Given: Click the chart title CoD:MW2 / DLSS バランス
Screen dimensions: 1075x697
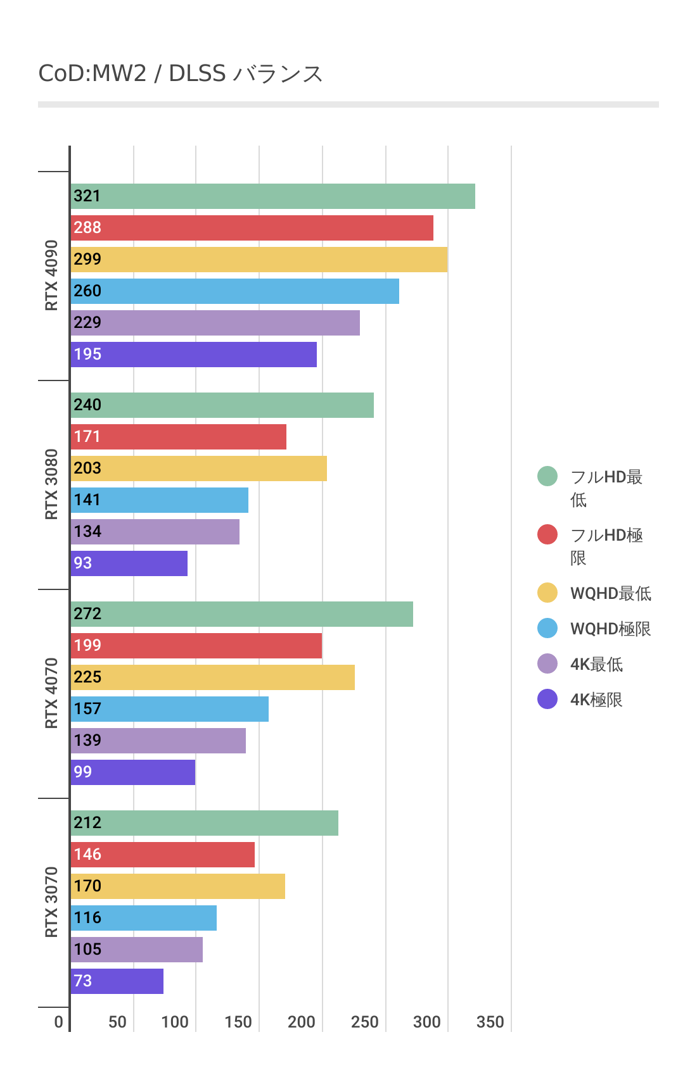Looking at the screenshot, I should click(x=181, y=74).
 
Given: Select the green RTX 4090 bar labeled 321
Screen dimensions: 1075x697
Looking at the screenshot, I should click(x=272, y=196).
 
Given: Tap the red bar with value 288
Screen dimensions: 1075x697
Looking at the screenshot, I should click(x=252, y=228).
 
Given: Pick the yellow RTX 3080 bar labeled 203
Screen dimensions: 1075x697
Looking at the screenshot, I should click(x=198, y=468).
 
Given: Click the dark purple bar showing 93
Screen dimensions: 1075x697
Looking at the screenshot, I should click(x=129, y=563).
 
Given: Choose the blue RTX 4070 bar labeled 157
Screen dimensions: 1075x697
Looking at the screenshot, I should click(x=169, y=709).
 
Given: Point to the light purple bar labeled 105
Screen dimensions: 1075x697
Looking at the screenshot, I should click(x=136, y=950).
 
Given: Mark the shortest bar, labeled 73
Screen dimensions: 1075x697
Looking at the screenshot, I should click(x=117, y=981).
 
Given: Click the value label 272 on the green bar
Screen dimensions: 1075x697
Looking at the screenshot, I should click(x=87, y=614).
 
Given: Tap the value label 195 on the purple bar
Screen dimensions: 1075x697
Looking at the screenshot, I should click(x=87, y=355).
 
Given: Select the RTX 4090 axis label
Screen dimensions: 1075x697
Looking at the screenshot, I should click(x=51, y=275).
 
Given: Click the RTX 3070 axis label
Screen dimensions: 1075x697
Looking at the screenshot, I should click(x=51, y=902).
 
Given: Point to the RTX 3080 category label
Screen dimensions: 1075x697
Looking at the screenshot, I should click(x=51, y=484).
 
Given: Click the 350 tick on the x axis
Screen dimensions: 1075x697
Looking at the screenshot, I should click(x=490, y=1022).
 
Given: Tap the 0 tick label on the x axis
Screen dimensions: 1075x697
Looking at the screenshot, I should click(x=58, y=1022).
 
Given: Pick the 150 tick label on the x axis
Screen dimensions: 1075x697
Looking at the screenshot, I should click(x=238, y=1022).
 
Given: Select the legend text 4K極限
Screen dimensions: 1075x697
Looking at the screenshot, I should click(x=596, y=700).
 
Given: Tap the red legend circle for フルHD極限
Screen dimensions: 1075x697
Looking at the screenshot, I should click(x=547, y=534).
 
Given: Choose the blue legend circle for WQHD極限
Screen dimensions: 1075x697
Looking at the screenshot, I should click(x=547, y=628).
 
